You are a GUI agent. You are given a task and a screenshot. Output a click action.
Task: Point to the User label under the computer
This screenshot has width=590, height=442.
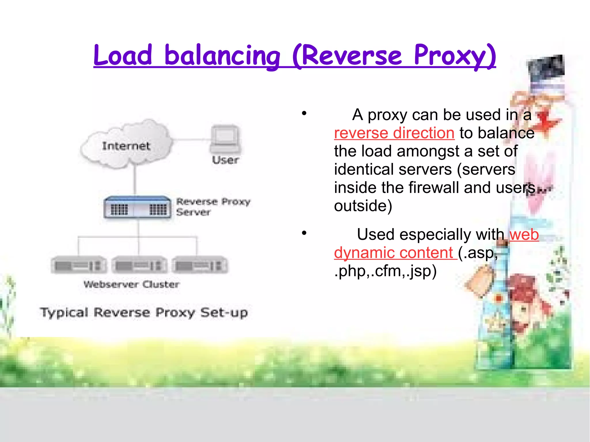click(225, 160)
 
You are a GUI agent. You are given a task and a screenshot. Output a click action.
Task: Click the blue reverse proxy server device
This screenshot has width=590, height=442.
click(137, 207)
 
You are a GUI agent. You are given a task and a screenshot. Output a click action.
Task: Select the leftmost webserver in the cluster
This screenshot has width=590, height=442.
click(78, 265)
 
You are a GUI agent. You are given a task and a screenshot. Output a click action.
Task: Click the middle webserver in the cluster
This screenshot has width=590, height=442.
click(140, 265)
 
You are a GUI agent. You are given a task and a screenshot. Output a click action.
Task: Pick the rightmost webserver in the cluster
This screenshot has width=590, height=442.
click(200, 265)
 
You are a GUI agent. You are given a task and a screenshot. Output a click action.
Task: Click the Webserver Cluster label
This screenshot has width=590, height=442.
click(131, 284)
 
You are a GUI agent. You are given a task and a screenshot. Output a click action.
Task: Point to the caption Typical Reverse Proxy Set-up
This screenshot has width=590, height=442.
click(144, 312)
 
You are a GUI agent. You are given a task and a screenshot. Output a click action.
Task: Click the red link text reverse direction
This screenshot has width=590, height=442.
click(394, 133)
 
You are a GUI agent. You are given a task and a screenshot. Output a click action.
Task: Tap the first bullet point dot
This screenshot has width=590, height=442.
click(304, 113)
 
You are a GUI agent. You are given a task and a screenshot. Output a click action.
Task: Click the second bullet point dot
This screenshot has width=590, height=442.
click(304, 233)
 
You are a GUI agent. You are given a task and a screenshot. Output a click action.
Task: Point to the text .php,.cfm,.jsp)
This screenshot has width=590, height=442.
click(385, 271)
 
